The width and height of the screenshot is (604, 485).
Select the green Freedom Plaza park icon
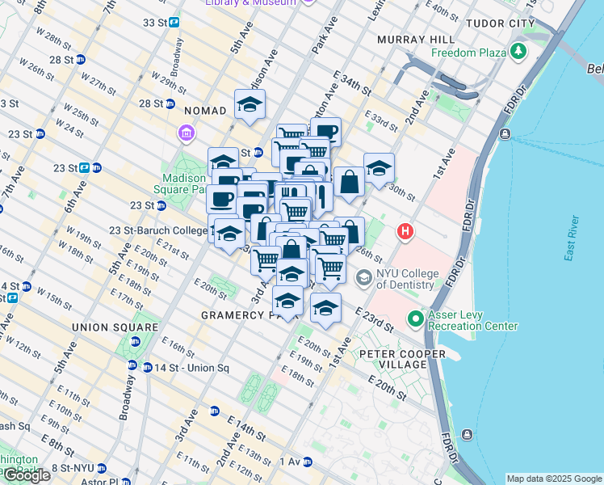518,53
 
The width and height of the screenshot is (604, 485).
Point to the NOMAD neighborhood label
206,110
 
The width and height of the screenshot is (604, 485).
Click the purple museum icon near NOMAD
186,132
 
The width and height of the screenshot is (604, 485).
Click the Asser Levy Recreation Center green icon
416,319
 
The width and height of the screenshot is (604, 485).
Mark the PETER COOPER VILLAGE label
402,360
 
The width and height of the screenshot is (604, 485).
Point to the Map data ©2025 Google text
554,479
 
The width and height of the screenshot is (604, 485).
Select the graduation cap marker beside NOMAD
250,103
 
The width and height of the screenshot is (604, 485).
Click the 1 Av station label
290,461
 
